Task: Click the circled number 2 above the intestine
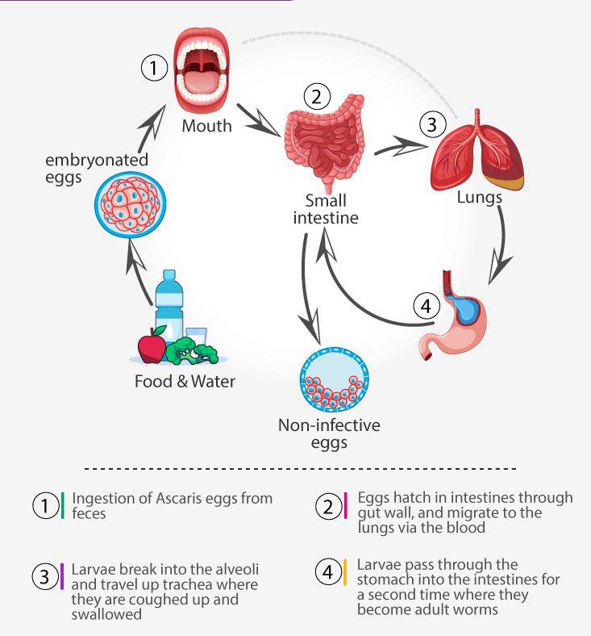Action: tap(317, 97)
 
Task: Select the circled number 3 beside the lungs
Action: tap(432, 124)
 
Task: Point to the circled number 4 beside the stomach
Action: tap(426, 307)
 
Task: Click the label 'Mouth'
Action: tap(206, 126)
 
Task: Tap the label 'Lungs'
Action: tap(479, 197)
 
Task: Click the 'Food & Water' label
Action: tap(185, 380)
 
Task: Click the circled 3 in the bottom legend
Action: tap(44, 576)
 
